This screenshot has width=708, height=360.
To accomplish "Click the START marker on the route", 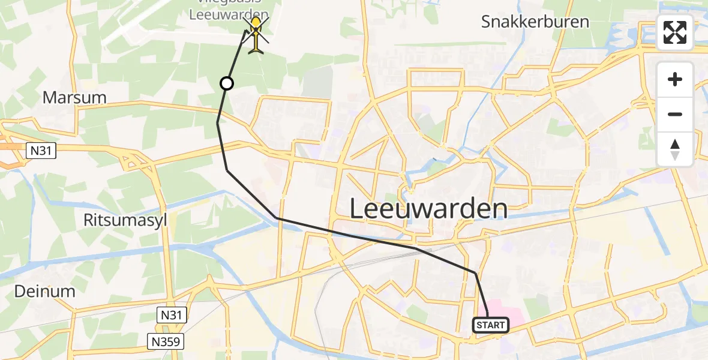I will [491, 325].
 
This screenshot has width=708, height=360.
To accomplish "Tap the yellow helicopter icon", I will [256, 35].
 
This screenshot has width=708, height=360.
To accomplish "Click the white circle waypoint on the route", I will [227, 83].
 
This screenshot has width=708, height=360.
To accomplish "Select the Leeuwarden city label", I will [428, 209].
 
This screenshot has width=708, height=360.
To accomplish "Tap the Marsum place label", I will [74, 97].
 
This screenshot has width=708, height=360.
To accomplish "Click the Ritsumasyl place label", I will [126, 220].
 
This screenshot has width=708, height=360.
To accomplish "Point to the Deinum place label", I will [45, 292].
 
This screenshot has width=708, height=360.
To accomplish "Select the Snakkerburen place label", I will [535, 22].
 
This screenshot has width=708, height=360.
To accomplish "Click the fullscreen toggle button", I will [675, 32].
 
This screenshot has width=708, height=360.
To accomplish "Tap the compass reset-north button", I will [675, 149].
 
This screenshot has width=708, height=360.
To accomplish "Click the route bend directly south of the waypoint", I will [218, 122].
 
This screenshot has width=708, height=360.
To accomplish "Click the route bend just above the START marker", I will [476, 274].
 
